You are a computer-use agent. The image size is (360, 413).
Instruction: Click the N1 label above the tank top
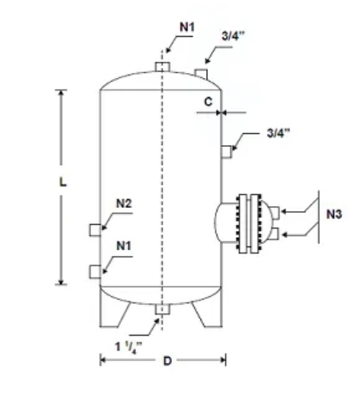click(x=187, y=27)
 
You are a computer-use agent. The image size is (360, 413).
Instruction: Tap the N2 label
click(x=124, y=203)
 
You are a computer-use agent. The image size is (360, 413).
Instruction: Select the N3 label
click(x=334, y=214)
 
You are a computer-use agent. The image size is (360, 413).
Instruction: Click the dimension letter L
click(x=63, y=182)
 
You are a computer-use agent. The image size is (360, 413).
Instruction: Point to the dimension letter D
click(x=168, y=361)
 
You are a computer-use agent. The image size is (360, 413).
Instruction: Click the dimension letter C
click(x=208, y=102)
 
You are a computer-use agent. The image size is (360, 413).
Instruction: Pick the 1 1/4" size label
click(x=128, y=347)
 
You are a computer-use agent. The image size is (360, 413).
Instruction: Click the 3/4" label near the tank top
click(x=233, y=36)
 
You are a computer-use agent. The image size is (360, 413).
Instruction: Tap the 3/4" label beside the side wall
click(x=278, y=133)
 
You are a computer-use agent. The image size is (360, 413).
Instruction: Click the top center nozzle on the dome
click(x=162, y=67)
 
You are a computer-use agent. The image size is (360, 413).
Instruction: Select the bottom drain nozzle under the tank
click(x=162, y=309)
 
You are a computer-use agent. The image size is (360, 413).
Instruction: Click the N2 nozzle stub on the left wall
click(x=95, y=230)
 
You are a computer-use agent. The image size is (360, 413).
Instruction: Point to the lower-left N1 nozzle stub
click(x=95, y=272)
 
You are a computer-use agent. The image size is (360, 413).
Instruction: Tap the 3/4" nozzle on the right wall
click(x=226, y=152)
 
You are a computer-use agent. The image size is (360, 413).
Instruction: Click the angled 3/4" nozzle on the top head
click(x=201, y=74)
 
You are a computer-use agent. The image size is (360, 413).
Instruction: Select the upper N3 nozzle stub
click(x=274, y=213)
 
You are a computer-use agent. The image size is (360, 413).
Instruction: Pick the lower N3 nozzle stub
click(x=274, y=234)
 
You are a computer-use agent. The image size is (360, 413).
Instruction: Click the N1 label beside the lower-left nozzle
click(x=124, y=246)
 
